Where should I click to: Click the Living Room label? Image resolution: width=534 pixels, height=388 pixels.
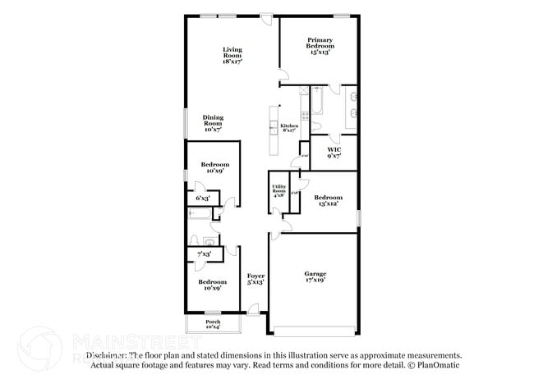click(x=232, y=55)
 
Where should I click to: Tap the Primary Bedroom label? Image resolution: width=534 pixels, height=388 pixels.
click(x=319, y=44)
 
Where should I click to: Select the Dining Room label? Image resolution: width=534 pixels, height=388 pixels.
click(x=213, y=123)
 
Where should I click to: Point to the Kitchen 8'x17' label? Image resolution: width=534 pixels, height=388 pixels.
click(x=290, y=127)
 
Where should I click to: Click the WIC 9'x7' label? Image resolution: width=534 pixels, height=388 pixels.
click(x=334, y=152)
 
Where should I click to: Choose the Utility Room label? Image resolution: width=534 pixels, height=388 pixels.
click(x=279, y=193)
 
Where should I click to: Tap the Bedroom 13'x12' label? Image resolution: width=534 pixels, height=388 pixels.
click(x=328, y=200)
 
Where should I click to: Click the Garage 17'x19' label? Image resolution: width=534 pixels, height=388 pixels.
click(x=313, y=276)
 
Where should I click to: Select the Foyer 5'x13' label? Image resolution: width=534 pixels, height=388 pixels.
click(x=255, y=279)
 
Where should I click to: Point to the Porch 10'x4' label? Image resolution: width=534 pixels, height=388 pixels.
click(x=213, y=324)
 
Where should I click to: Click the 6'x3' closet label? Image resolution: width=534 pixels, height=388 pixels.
click(x=202, y=199)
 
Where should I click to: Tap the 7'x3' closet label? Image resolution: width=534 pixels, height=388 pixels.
click(x=203, y=255)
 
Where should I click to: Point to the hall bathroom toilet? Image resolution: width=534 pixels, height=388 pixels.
click(x=209, y=242)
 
